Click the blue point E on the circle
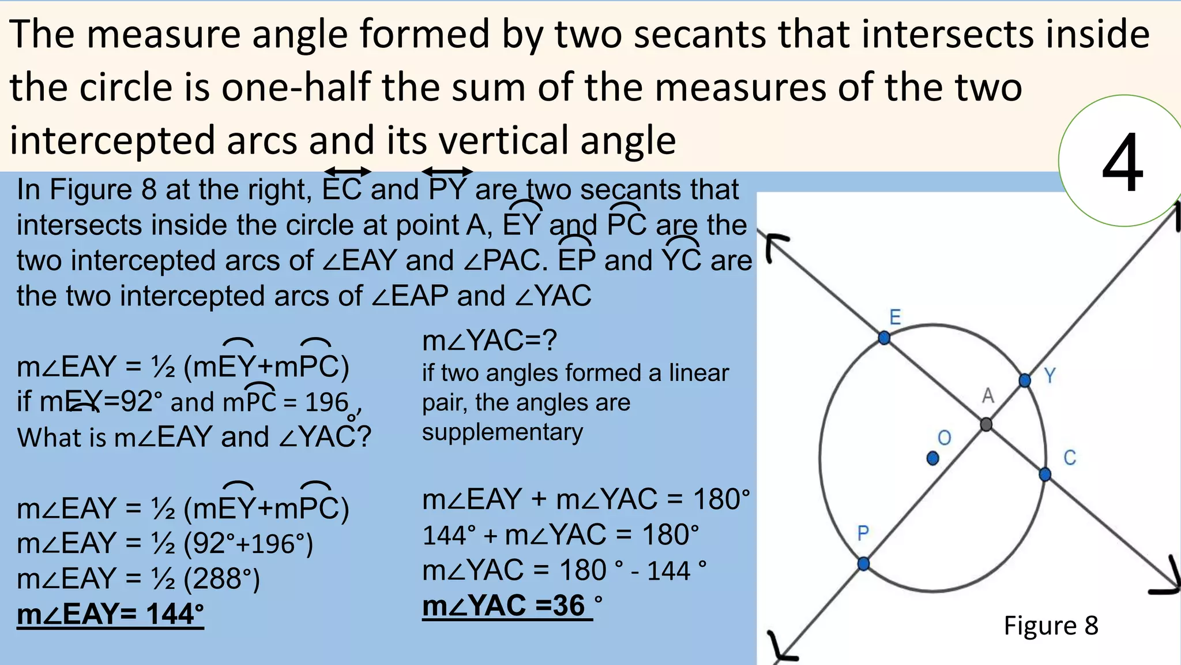[x=884, y=338]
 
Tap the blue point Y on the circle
[x=1025, y=380]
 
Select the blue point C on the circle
[x=1045, y=475]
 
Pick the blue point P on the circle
[x=863, y=563]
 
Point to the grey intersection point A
[x=987, y=424]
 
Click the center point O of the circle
[x=932, y=458]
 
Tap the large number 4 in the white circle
[x=1122, y=163]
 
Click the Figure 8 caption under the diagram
[x=1051, y=626]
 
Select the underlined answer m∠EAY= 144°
[x=110, y=614]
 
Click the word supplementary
[x=502, y=432]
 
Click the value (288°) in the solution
[x=221, y=578]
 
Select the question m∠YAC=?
[x=490, y=341]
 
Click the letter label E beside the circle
[x=895, y=317]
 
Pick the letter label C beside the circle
[x=1070, y=458]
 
